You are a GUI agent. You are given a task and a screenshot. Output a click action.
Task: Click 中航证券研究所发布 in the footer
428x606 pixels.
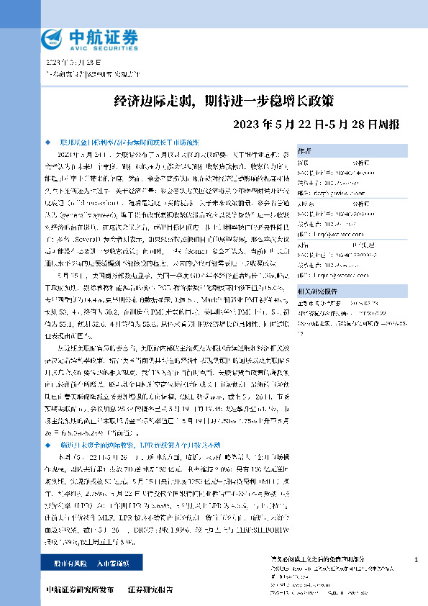(78, 589)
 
